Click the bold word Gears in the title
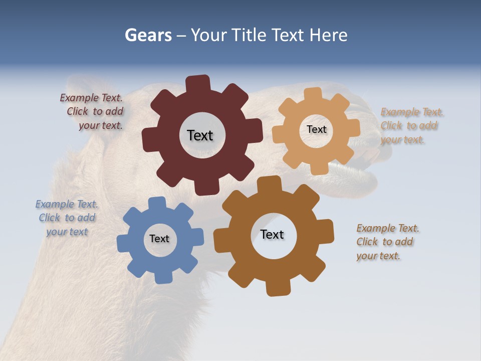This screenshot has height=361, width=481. [148, 35]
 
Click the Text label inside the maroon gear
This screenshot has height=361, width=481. [200, 135]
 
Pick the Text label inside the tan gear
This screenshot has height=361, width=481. [316, 129]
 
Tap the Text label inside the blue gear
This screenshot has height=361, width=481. [159, 239]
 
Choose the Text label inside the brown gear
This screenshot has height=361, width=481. [272, 234]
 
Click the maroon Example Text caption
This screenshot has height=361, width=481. [92, 112]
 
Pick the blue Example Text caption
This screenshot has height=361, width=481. [67, 218]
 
